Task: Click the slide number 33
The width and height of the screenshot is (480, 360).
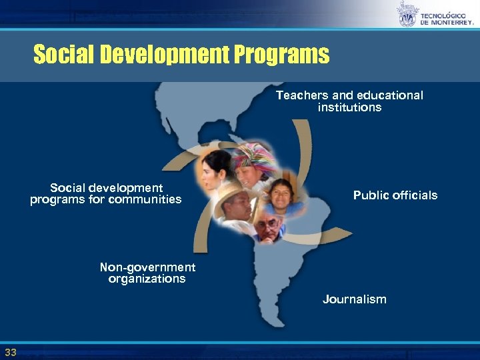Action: tap(10, 352)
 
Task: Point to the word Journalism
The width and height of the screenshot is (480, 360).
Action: tap(354, 299)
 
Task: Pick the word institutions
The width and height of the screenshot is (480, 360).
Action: tap(349, 107)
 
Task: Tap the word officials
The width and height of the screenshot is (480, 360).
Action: tap(416, 195)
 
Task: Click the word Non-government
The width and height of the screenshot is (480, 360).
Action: tap(147, 267)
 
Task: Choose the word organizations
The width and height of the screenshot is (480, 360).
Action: tap(147, 279)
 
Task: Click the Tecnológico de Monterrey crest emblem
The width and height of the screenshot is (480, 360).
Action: tap(407, 14)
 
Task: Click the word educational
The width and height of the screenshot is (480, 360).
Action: tap(387, 95)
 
